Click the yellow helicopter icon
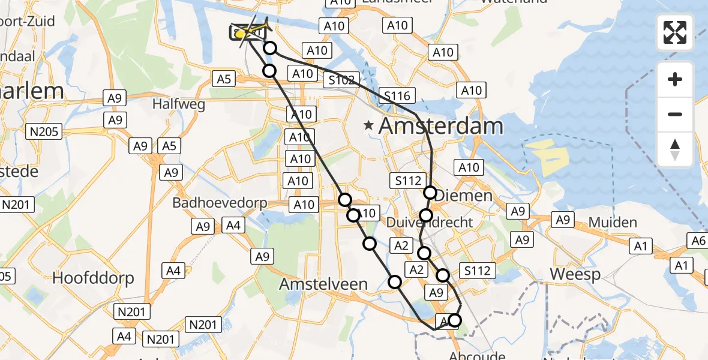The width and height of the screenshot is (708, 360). pos(247,32)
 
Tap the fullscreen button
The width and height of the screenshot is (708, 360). pos(675,32)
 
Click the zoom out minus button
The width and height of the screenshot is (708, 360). pos(675,114)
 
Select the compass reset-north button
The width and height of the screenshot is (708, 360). pos(675,149)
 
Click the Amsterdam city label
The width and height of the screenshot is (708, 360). pos(441,127)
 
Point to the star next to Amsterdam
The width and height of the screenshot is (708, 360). pos(369,126)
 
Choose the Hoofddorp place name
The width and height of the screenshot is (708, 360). pos(93,278)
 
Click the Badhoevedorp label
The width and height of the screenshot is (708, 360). pos(220,203)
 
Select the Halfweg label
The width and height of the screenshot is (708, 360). pos(179,104)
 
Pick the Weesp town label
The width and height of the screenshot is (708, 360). pos(575,274)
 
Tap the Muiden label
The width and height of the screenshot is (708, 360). pos(613,223)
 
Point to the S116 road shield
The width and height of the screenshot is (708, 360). pos(397,95)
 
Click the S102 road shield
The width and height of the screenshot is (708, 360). pos(343,80)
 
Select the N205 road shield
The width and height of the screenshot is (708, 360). pos(44,131)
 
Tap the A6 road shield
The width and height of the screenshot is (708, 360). pos(698,241)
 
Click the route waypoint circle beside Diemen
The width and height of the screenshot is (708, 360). pos(430,193)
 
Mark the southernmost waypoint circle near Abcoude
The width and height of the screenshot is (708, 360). pos(455,320)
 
